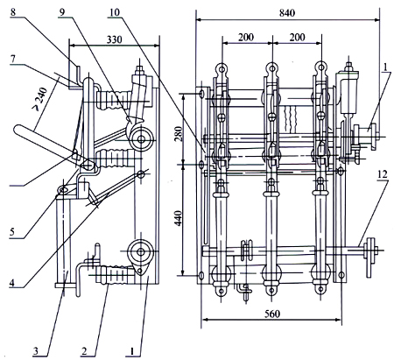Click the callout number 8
point(13,12)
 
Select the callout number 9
point(62,12)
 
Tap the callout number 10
point(115,12)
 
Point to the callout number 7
point(12,59)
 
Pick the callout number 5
point(12,232)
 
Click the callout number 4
point(11,282)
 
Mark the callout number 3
point(35,350)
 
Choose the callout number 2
point(84,350)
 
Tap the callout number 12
point(382,174)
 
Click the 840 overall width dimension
point(287,13)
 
